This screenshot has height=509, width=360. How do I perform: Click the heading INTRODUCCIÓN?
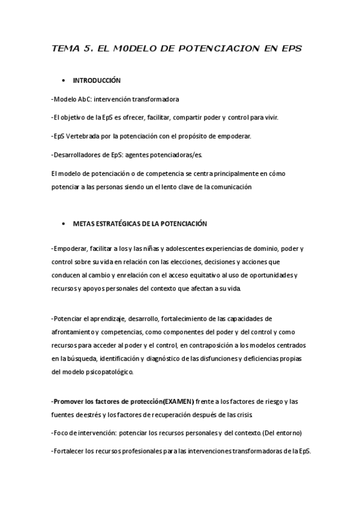(97, 80)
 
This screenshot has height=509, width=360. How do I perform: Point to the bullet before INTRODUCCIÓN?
(63, 80)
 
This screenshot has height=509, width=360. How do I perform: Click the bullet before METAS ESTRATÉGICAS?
(63, 224)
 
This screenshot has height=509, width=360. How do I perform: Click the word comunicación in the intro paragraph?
(229, 186)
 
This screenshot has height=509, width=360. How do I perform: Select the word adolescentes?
(178, 248)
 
